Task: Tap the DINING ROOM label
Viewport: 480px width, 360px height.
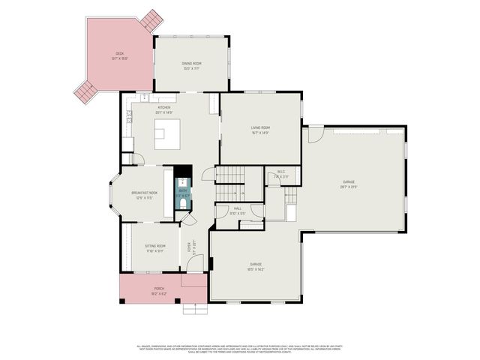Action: (190, 64)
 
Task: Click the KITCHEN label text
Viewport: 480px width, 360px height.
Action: (163, 107)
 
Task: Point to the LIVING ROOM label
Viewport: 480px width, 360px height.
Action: (260, 127)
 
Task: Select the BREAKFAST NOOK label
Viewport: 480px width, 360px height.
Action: (144, 193)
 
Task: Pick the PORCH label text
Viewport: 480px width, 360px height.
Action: (159, 288)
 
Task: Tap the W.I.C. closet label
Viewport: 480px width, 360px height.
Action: (280, 172)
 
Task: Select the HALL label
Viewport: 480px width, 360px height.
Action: (238, 208)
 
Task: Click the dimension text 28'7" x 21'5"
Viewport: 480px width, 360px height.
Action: (349, 185)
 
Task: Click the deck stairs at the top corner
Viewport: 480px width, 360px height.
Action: (151, 18)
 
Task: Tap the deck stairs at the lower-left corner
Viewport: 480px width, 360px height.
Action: (85, 92)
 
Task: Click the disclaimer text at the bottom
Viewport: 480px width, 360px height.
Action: (240, 348)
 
